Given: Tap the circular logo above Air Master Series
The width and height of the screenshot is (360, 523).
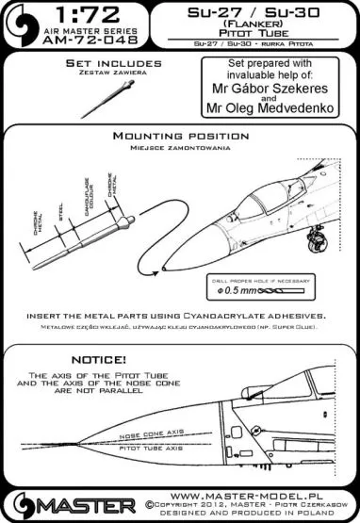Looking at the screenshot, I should [19, 20].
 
